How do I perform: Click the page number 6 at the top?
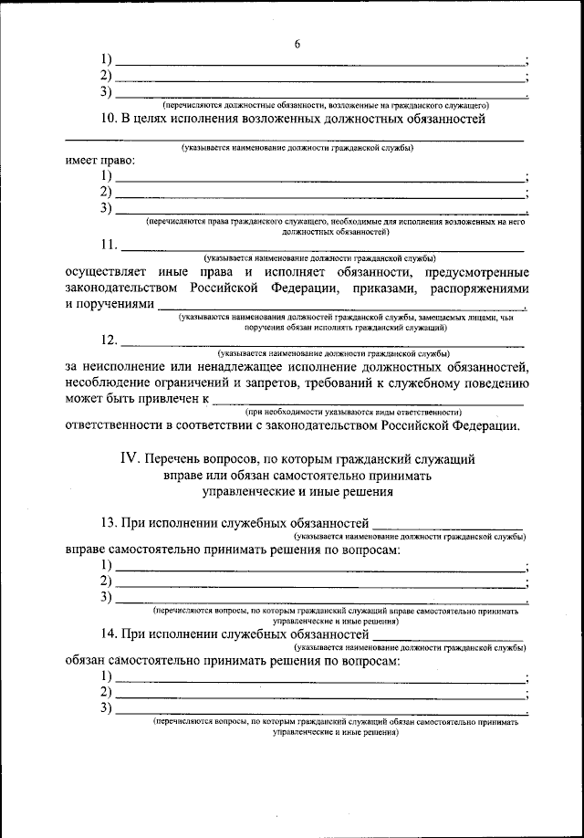click(x=297, y=44)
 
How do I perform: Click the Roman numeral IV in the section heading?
click(x=128, y=459)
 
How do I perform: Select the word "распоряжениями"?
click(x=478, y=288)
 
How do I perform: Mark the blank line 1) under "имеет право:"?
click(x=319, y=176)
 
